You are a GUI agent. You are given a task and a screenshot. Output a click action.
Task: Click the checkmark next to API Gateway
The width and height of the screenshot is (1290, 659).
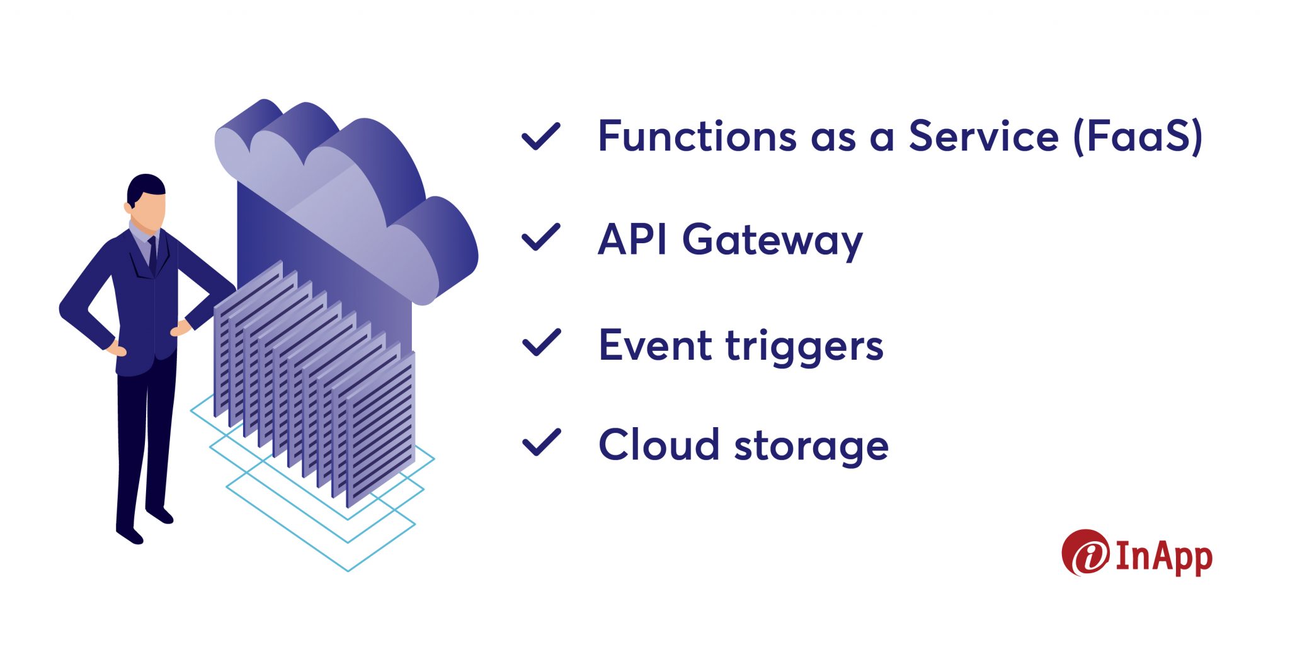click(x=540, y=238)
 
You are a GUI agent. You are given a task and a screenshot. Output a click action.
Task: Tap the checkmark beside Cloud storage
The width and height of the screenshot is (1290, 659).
click(x=541, y=442)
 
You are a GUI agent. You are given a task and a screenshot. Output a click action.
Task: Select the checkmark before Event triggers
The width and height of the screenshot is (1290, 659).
click(x=540, y=343)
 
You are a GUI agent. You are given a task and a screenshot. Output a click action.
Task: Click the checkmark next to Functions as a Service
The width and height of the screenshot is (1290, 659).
click(x=540, y=137)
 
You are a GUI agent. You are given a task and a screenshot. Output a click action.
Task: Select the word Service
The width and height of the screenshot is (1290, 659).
click(x=983, y=136)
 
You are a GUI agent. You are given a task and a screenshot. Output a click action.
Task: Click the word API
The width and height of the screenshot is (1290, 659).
click(x=632, y=239)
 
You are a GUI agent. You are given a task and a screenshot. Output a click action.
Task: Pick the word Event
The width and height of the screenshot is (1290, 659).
click(x=654, y=345)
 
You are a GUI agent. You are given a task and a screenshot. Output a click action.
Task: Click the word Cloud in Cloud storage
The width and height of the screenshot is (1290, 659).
click(x=658, y=444)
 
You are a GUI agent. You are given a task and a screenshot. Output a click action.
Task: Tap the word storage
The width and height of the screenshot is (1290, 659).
click(x=811, y=447)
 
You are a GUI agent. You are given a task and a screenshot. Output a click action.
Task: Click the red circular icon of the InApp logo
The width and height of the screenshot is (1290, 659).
click(x=1085, y=553)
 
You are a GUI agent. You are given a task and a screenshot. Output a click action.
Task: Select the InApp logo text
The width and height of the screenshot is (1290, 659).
click(x=1164, y=557)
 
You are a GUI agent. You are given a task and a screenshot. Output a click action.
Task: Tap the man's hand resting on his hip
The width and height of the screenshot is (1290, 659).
click(x=117, y=348)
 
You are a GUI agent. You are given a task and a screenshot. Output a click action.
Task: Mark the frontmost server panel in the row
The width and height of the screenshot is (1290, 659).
click(x=380, y=428)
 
